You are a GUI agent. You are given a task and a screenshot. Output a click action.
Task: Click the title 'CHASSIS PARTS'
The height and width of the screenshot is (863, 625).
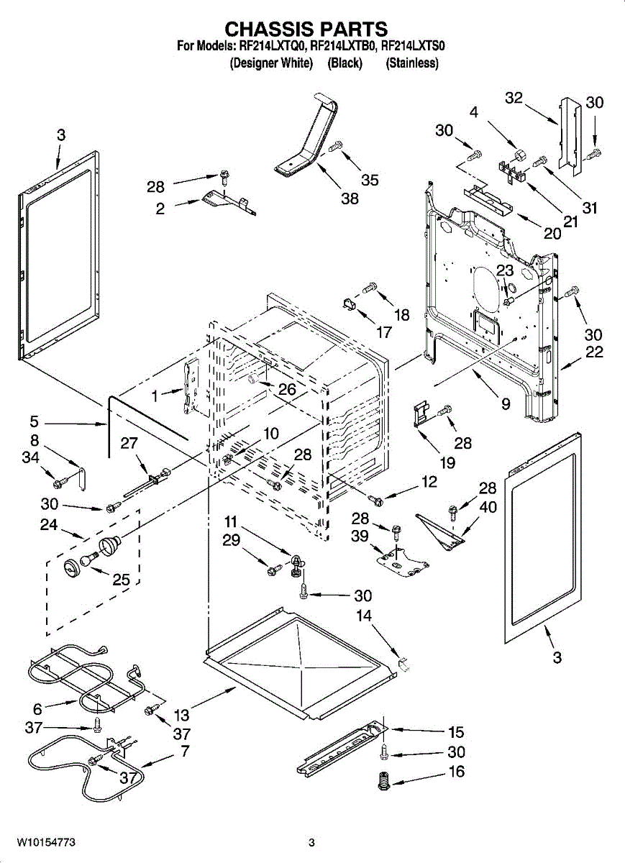point(306,29)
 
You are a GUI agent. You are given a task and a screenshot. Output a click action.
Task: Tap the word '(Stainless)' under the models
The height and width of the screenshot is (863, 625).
point(412,63)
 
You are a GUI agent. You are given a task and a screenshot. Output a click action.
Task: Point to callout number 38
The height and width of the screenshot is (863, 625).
point(350,199)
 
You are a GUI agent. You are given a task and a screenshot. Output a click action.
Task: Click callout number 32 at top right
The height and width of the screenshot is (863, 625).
point(514,99)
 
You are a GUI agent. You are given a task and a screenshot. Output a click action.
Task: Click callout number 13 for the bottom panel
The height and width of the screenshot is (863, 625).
point(181,715)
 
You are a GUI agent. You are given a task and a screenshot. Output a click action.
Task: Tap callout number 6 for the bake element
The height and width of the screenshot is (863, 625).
point(37,708)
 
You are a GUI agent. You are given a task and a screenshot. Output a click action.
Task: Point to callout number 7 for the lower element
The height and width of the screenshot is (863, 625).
point(185,752)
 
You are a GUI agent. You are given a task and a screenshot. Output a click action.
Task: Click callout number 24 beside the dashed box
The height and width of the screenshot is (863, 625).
point(49,525)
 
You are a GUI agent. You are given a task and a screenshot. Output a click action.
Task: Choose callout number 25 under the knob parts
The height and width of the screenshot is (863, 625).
point(121,579)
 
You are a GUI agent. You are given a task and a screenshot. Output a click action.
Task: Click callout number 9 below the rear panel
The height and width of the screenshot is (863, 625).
point(506,404)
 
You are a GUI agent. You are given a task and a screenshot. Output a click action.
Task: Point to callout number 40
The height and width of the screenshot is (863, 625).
point(488,507)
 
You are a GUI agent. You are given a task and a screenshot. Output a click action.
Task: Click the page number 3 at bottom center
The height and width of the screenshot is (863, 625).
point(311,842)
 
